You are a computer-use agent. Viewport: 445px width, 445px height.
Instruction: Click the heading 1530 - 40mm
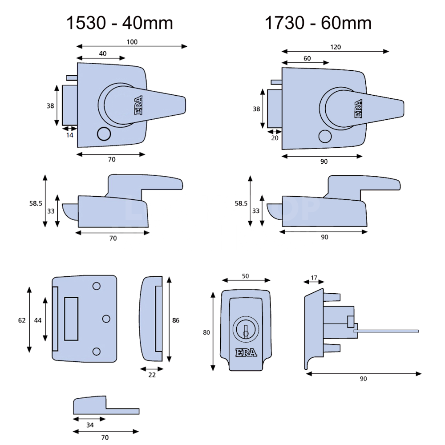(x=119, y=23)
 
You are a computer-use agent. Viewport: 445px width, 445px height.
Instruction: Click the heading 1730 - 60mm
(x=318, y=23)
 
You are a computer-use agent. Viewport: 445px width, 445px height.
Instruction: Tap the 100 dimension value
(x=132, y=41)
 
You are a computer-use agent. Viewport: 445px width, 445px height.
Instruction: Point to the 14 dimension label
(x=69, y=135)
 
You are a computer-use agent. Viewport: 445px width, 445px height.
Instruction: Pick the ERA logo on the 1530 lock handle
(x=138, y=106)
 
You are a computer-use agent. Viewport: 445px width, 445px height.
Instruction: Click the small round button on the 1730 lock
(x=325, y=137)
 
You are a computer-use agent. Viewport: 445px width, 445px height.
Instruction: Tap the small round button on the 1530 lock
(x=104, y=133)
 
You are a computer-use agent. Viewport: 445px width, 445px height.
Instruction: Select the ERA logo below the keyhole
(x=246, y=353)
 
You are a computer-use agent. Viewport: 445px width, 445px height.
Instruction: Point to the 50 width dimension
(x=245, y=276)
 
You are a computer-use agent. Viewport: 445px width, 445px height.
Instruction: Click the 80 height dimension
(x=206, y=332)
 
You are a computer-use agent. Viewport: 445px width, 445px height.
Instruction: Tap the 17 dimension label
(x=314, y=278)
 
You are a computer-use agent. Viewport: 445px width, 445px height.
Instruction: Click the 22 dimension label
(x=152, y=375)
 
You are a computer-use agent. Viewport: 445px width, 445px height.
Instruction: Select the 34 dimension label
(x=90, y=425)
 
